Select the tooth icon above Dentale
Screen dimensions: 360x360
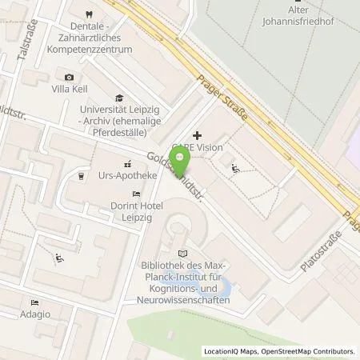coord(87,14)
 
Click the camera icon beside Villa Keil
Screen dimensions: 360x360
coord(69,77)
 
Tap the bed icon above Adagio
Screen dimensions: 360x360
coord(33,302)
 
